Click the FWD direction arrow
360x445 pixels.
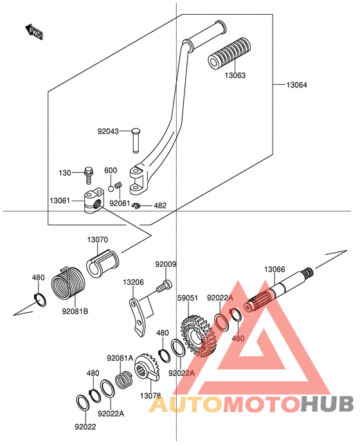34,32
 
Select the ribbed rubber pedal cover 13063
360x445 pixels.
230,53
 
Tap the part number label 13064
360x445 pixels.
296,85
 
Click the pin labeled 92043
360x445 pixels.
136,141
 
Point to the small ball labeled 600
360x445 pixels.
111,188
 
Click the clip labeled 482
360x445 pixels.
136,205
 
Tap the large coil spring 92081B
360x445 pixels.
67,283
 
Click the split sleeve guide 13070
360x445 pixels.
103,264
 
